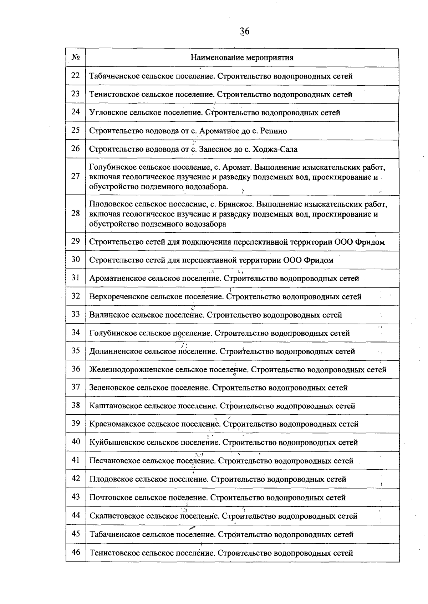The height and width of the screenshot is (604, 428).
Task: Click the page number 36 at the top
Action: [x=245, y=31]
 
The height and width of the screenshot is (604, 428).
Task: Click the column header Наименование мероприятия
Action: [x=242, y=58]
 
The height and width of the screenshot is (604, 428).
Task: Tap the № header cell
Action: [x=75, y=58]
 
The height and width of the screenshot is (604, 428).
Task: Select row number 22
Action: [x=75, y=76]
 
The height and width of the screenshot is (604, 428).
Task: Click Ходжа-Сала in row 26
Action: [x=275, y=149]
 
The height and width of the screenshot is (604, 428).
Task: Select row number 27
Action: [x=75, y=176]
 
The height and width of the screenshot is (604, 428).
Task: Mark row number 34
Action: [x=75, y=333]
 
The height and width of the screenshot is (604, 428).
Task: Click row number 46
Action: [x=75, y=553]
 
